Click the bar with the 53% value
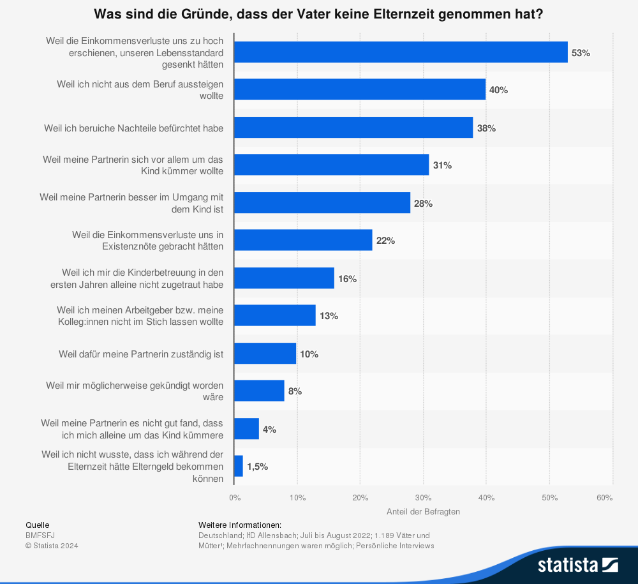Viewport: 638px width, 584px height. [401, 52]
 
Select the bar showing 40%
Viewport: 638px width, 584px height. [360, 90]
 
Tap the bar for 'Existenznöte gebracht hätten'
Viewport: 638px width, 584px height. [303, 241]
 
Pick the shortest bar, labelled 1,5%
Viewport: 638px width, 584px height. [239, 467]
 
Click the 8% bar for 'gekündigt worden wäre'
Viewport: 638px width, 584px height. [259, 391]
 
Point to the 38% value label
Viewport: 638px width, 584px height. [486, 128]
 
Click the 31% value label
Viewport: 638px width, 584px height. [442, 165]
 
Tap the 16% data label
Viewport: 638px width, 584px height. [347, 279]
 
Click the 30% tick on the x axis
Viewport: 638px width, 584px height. [423, 498]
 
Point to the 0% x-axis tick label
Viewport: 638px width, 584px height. [235, 498]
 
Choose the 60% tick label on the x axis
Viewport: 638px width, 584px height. [604, 498]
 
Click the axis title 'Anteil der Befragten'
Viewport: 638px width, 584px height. [423, 511]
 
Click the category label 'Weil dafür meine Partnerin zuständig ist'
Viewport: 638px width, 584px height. [141, 354]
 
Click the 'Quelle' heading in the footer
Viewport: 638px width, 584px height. [37, 525]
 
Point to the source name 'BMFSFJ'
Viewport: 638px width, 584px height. [40, 535]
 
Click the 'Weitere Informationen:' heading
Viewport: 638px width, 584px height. [240, 525]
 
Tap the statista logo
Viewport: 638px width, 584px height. [577, 565]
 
